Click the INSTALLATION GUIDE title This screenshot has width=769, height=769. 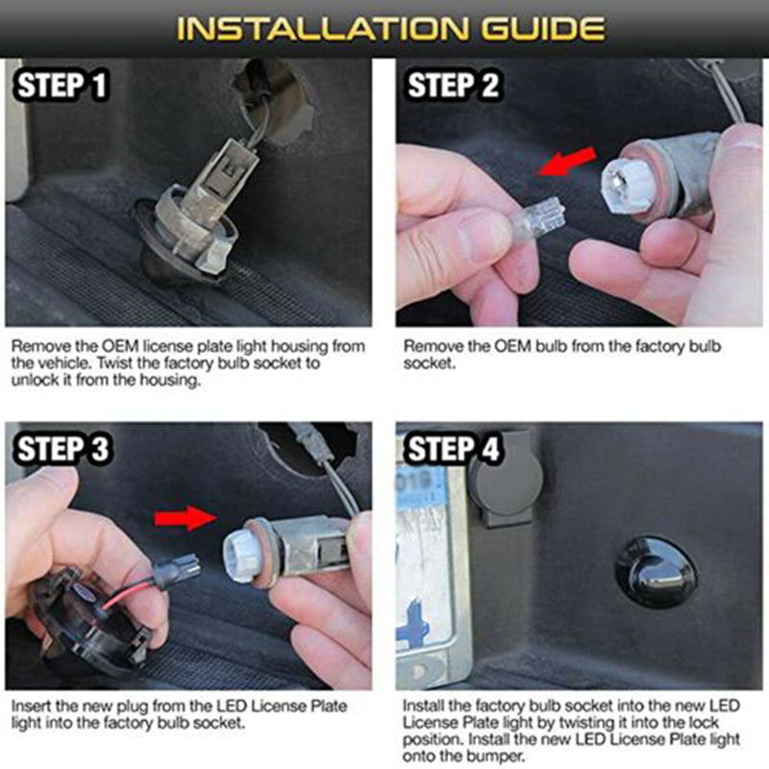(x=390, y=29)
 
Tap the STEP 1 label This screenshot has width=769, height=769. (x=62, y=86)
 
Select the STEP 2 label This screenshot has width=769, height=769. (x=454, y=86)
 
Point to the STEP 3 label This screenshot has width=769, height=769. (x=62, y=448)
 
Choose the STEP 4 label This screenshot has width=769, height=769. (x=454, y=448)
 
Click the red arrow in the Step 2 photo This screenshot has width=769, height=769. (x=567, y=161)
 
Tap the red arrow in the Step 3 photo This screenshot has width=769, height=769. (x=186, y=519)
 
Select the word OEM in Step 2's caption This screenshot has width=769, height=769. (x=512, y=347)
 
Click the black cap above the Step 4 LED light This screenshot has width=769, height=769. (x=507, y=477)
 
